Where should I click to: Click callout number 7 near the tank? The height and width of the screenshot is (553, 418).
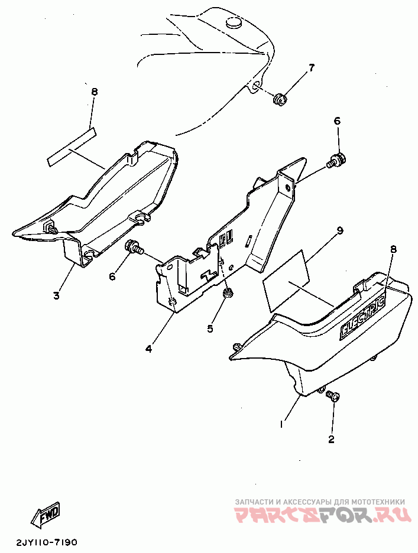click(x=311, y=68)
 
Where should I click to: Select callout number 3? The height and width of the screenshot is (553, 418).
click(x=57, y=295)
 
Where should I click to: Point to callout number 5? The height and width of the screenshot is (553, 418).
click(x=210, y=328)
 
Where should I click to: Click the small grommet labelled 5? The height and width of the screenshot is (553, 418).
click(x=228, y=293)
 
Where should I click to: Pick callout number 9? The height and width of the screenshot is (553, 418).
click(x=339, y=230)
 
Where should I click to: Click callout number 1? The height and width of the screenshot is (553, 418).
click(x=281, y=424)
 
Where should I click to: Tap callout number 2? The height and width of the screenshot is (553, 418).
click(x=331, y=439)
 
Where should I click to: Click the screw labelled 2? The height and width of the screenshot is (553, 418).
click(x=332, y=396)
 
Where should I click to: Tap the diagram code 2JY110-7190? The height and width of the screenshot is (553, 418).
click(x=46, y=541)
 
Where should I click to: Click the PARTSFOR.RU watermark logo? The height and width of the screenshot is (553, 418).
click(x=323, y=515)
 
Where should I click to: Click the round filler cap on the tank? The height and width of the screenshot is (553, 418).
click(x=234, y=23)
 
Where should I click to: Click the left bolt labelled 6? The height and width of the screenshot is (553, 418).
click(x=135, y=246)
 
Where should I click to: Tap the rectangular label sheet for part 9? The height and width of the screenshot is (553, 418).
click(x=287, y=281)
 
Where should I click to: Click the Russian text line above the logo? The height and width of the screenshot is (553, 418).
click(x=320, y=502)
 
